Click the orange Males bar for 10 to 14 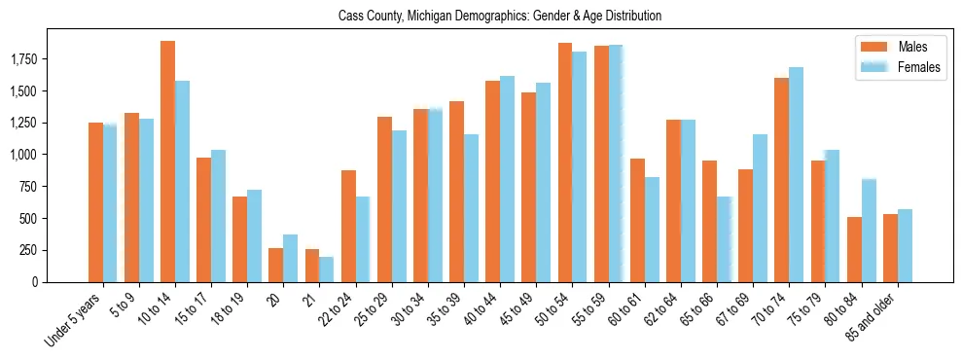click(x=167, y=162)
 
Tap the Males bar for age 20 click(x=275, y=265)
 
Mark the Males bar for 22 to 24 click(x=348, y=226)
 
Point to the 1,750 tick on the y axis click(x=35, y=60)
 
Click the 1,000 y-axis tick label click(x=35, y=156)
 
